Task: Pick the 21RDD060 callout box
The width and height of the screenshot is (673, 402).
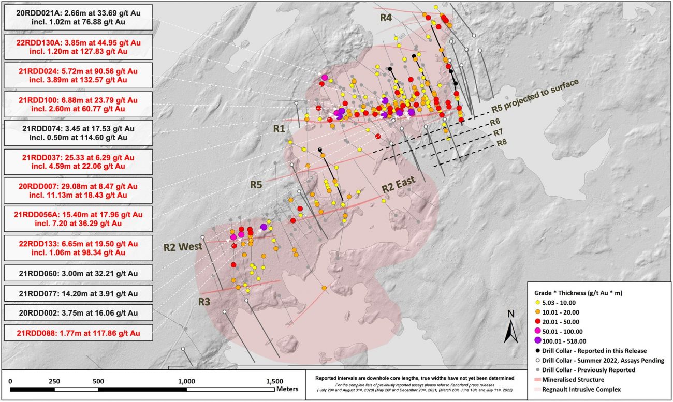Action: tap(78, 273)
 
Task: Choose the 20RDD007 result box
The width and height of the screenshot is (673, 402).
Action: tap(78, 190)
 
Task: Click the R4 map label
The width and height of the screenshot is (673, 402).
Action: tap(386, 18)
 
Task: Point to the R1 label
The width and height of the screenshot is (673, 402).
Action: tap(280, 129)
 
